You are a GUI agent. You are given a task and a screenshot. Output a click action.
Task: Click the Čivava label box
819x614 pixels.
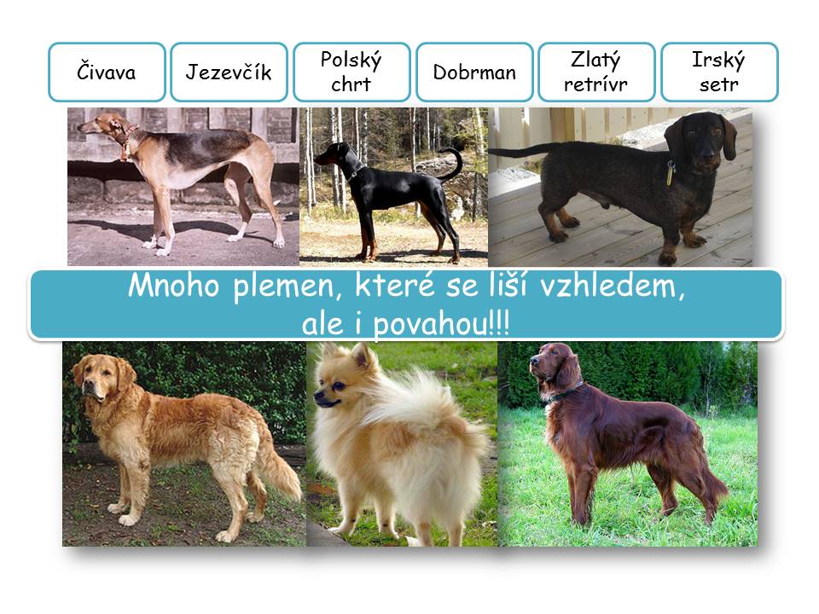pos(107,72)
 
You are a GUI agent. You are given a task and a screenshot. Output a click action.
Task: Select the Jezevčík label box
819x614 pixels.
pos(229,72)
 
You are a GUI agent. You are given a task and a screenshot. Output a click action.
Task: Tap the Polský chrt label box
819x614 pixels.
pos(351,72)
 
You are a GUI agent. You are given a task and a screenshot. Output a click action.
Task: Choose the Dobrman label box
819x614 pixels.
pos(474,72)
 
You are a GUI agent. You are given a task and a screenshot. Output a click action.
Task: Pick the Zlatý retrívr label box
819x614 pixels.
pos(596,72)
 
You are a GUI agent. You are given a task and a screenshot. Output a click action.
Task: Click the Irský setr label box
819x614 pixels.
pos(719,72)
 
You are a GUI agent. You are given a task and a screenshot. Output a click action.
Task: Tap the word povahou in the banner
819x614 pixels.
pos(431,324)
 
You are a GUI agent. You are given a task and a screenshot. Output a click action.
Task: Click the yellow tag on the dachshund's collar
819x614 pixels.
pos(670,173)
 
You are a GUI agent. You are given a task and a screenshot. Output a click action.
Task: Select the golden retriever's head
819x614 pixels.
pos(102,374)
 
